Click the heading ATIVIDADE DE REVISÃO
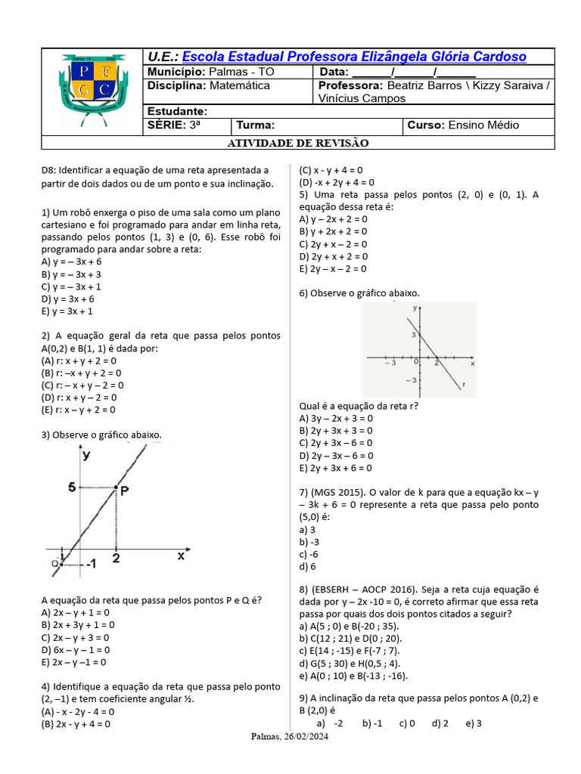click(x=298, y=143)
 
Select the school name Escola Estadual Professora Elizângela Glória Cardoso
click(x=354, y=57)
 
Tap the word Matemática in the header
click(x=239, y=85)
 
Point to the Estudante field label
click(x=177, y=112)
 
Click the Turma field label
click(x=256, y=125)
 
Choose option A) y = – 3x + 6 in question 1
click(x=71, y=262)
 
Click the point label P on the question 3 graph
click(x=123, y=490)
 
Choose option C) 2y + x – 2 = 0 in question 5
click(x=333, y=244)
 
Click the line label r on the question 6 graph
click(x=462, y=384)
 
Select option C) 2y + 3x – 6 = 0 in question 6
click(x=336, y=443)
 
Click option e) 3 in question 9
click(x=474, y=723)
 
